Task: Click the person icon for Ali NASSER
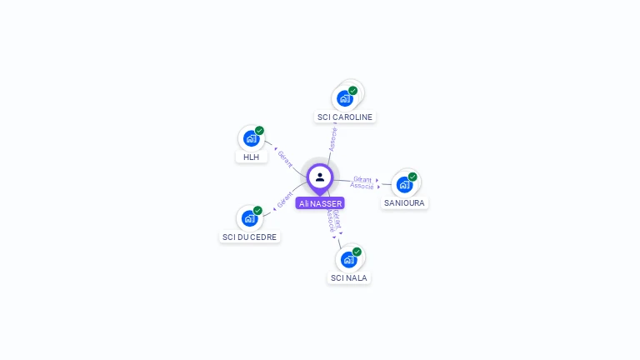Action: click(x=320, y=177)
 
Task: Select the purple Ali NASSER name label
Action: click(x=320, y=203)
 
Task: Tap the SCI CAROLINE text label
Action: click(x=345, y=117)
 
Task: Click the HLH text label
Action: click(x=251, y=157)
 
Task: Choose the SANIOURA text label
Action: click(x=405, y=202)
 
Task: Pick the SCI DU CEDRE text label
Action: click(x=250, y=237)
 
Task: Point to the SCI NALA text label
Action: click(x=348, y=277)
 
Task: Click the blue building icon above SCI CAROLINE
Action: click(x=344, y=99)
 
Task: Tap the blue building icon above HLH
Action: click(x=250, y=139)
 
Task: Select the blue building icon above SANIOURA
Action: click(x=404, y=185)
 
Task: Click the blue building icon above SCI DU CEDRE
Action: click(x=248, y=219)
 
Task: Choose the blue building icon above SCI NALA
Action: click(x=348, y=259)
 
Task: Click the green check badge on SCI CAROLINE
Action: click(x=353, y=91)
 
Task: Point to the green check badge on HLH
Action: click(x=259, y=131)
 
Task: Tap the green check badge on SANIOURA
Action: click(x=412, y=177)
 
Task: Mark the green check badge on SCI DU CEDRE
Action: click(x=257, y=211)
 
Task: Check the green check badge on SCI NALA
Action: click(x=357, y=252)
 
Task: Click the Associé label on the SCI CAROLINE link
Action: click(x=333, y=139)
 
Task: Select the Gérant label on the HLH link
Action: click(x=285, y=157)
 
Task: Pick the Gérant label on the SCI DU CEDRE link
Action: click(x=284, y=200)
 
